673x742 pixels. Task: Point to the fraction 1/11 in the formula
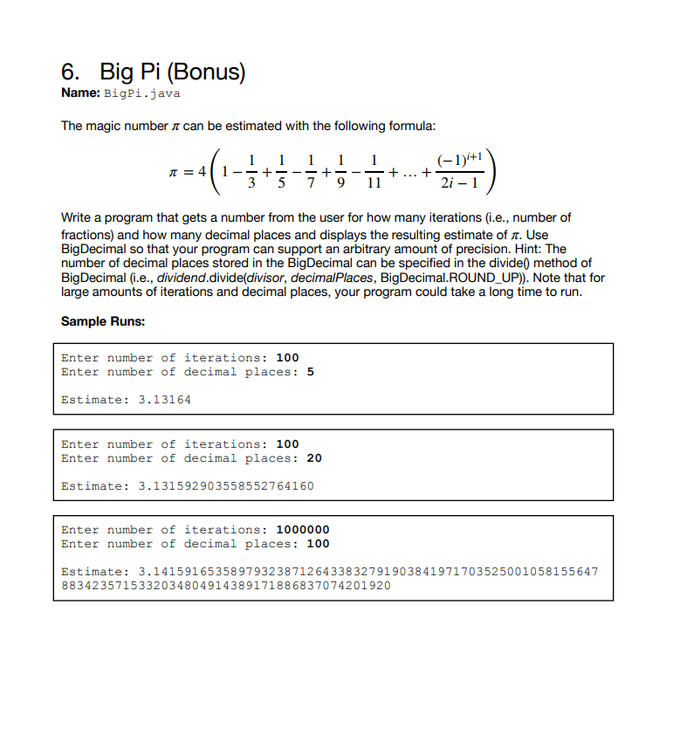tap(374, 173)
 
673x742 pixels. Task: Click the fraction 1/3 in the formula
tap(252, 173)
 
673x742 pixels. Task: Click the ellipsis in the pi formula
tap(408, 174)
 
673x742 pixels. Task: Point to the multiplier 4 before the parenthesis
tap(203, 173)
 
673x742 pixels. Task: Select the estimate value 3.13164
tap(165, 400)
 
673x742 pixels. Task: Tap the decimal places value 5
tap(310, 372)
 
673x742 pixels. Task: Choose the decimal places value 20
tap(314, 458)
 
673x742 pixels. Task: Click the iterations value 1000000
tap(302, 530)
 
